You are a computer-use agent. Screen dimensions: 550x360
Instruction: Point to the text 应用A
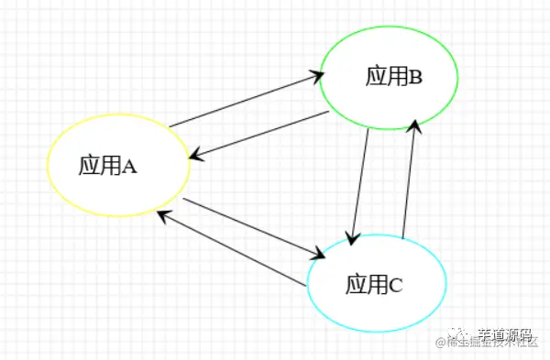[x=107, y=166]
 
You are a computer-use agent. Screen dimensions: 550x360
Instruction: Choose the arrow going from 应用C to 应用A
[x=229, y=248]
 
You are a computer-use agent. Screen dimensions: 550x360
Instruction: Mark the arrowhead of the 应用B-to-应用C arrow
[x=351, y=238]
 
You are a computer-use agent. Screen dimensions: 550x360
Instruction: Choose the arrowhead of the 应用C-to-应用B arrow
[x=418, y=126]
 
